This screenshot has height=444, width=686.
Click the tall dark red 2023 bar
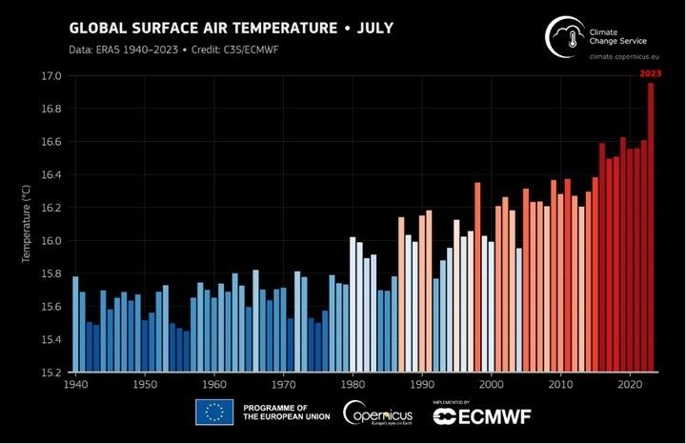(651, 229)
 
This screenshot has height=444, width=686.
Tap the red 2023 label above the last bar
(650, 73)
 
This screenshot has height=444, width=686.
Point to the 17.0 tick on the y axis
(50, 76)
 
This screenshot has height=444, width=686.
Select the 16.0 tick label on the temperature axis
(50, 241)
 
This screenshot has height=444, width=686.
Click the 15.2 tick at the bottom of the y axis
(50, 373)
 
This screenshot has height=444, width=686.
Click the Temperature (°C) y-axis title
(27, 224)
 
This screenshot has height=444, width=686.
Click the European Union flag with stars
(214, 412)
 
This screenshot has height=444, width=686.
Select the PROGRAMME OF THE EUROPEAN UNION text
(285, 412)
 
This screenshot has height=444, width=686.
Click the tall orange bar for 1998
(477, 276)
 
